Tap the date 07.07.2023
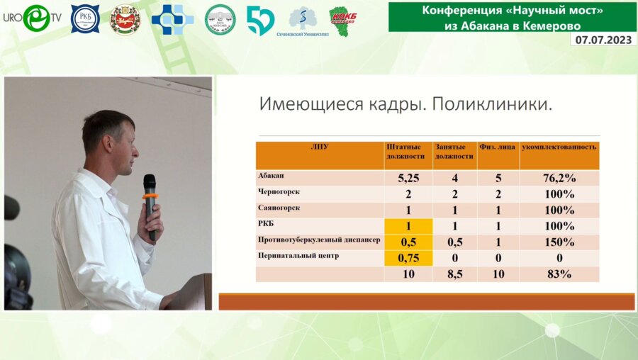(x=603, y=40)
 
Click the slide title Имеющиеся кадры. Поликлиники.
(x=405, y=105)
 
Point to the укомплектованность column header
(x=559, y=147)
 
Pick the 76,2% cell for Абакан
(x=559, y=179)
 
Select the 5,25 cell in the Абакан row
(x=408, y=179)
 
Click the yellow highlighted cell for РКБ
(x=408, y=227)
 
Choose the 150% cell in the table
(x=559, y=242)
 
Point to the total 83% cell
(x=559, y=274)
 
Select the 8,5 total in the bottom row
(x=454, y=274)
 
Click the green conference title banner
(x=512, y=16)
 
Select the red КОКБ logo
(x=342, y=18)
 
